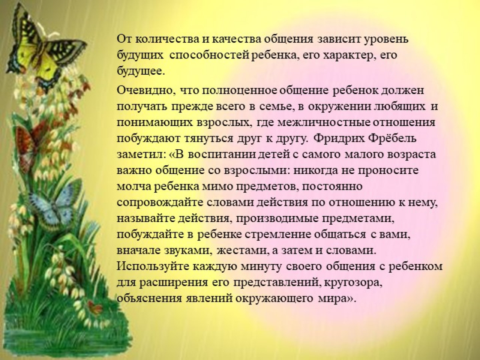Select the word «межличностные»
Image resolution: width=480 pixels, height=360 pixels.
coord(324,122)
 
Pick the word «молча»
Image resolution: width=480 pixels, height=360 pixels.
coord(133,187)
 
